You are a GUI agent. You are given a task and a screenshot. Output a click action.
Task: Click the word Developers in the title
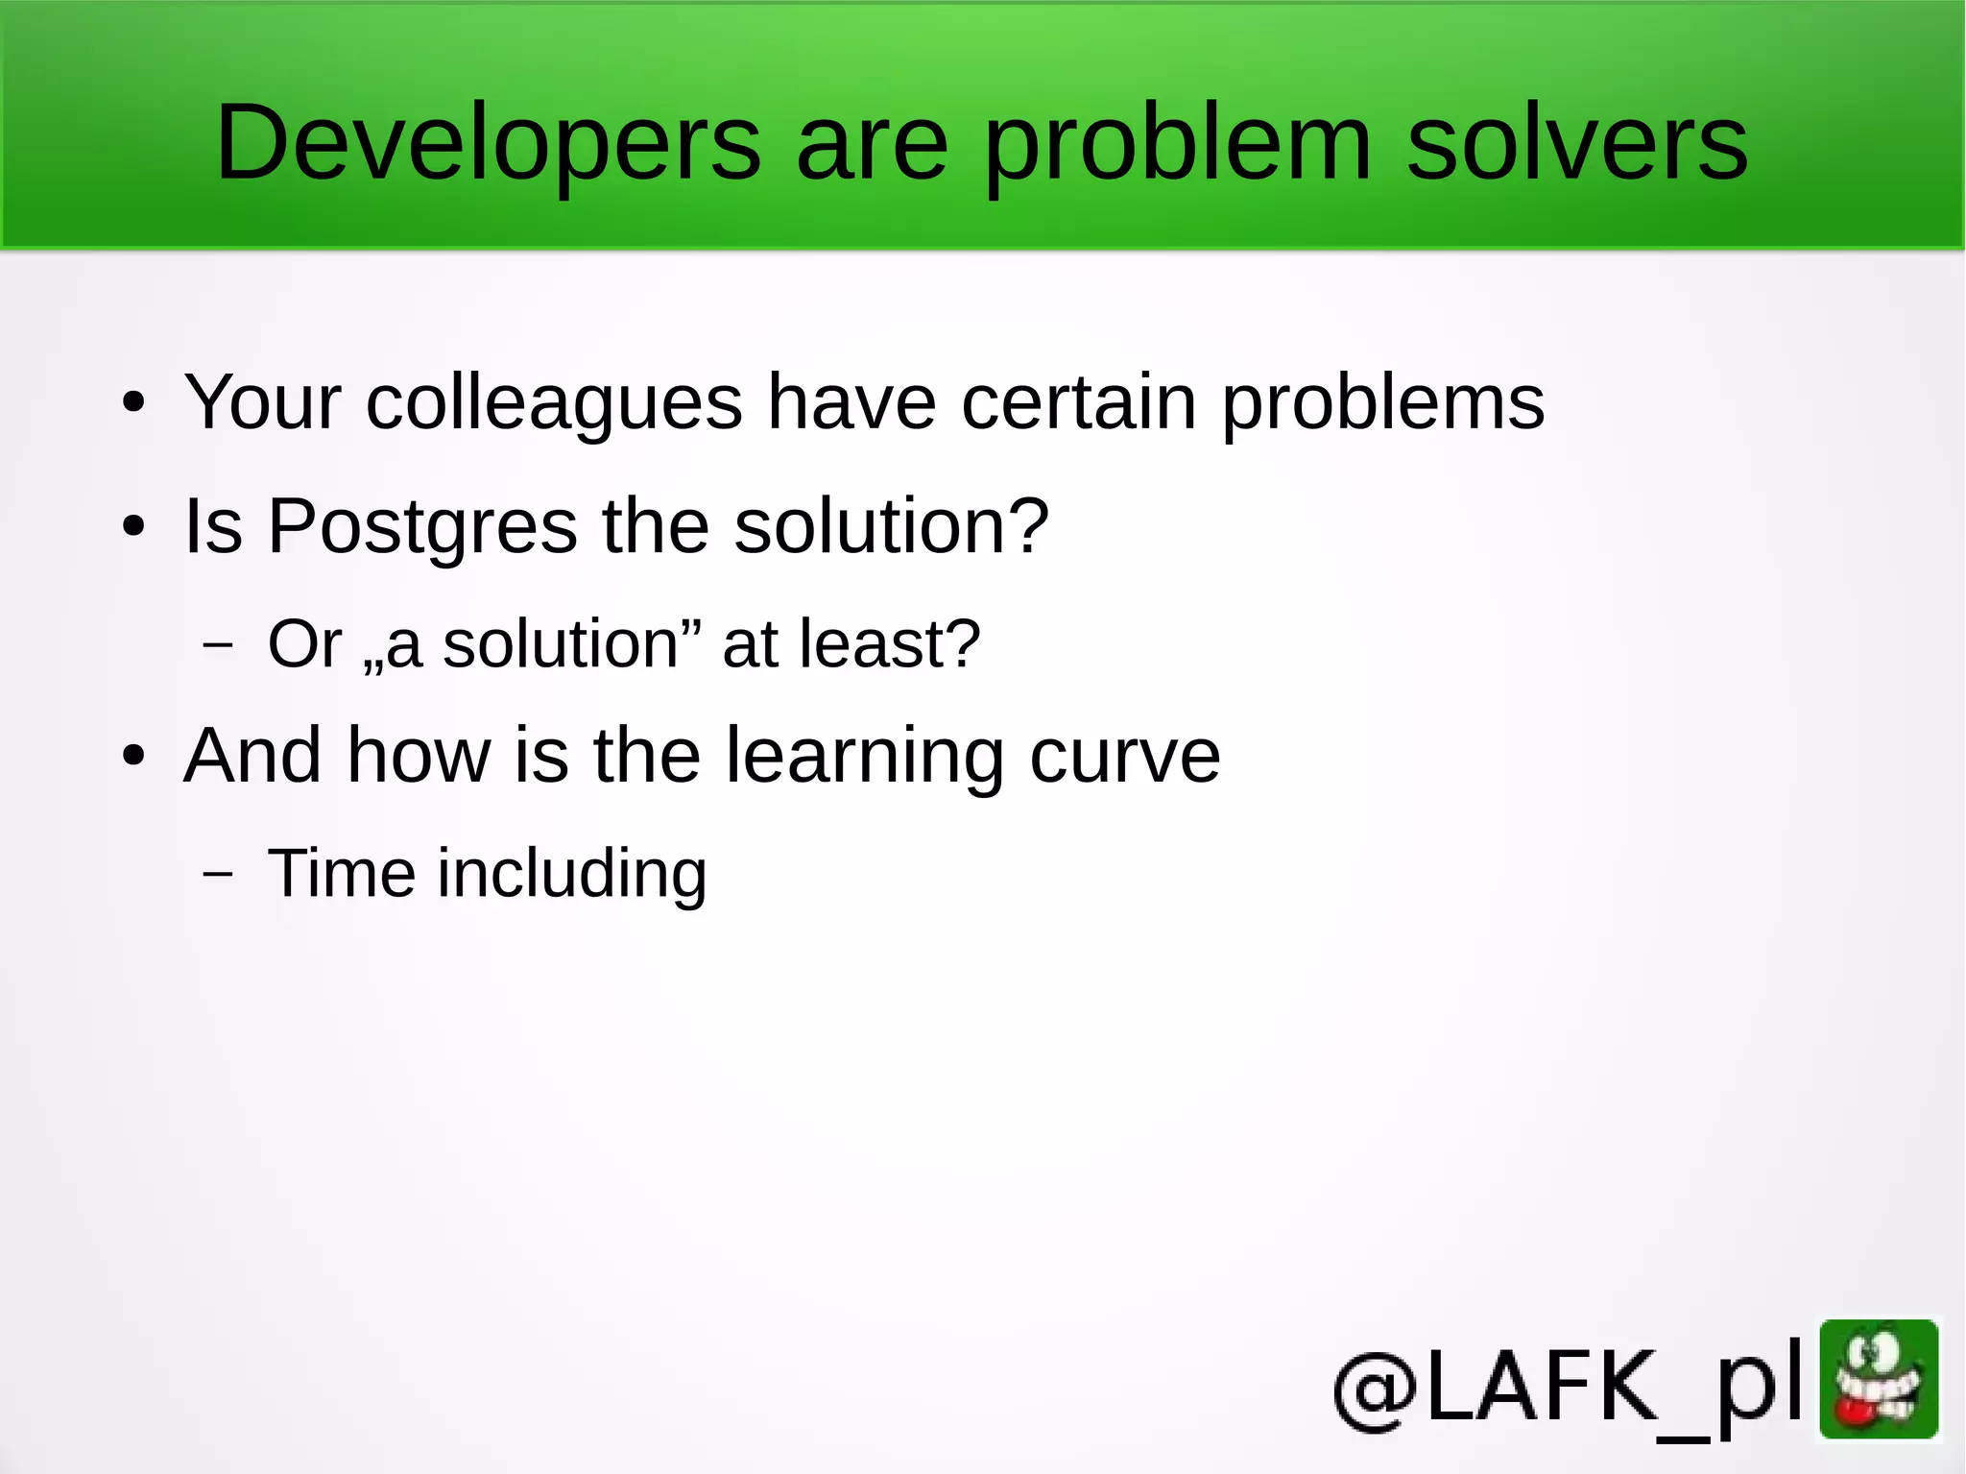point(488,144)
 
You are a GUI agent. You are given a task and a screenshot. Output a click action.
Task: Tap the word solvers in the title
point(1576,144)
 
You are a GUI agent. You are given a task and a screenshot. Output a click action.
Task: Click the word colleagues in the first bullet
point(554,401)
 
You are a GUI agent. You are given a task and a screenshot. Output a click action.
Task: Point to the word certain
point(1079,401)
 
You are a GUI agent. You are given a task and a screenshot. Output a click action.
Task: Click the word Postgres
point(422,528)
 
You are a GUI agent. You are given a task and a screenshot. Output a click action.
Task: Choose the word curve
point(1124,757)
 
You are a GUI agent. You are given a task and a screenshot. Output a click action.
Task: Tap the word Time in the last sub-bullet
point(341,873)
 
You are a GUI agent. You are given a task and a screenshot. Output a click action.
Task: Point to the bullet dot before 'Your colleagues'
point(134,403)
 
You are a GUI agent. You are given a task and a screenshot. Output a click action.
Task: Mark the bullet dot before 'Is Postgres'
point(134,527)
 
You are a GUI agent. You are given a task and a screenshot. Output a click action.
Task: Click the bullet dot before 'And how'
point(134,756)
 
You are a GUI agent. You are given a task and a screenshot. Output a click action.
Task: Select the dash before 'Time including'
point(218,873)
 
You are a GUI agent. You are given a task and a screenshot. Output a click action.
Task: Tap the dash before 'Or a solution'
point(218,643)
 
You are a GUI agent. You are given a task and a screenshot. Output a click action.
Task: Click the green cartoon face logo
point(1879,1381)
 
